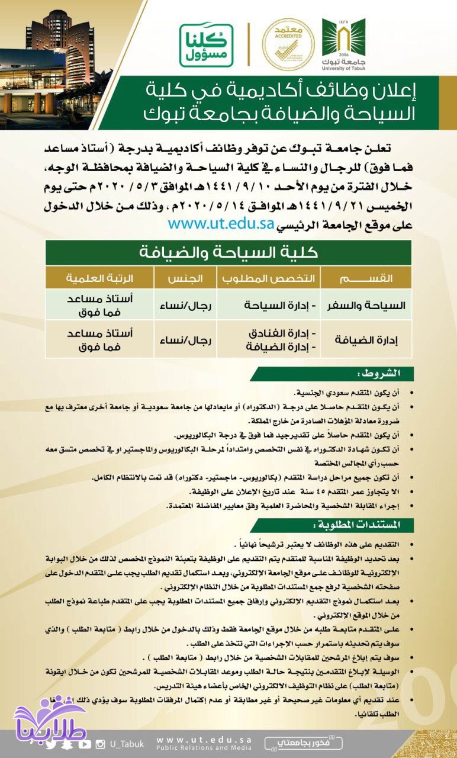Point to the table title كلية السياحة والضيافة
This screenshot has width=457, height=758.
click(228, 252)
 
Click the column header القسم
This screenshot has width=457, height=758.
click(366, 278)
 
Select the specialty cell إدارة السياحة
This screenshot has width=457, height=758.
click(277, 306)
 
